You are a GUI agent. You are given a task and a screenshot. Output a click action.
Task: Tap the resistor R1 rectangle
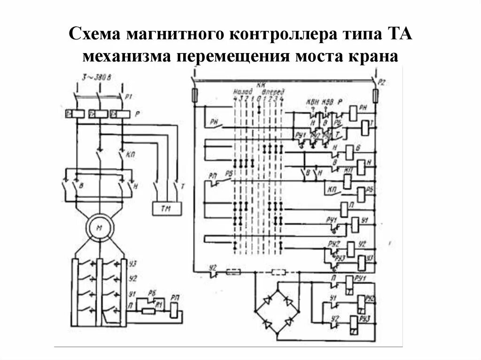tap(149, 310)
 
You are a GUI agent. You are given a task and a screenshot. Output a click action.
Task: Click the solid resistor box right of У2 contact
tap(233, 272)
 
